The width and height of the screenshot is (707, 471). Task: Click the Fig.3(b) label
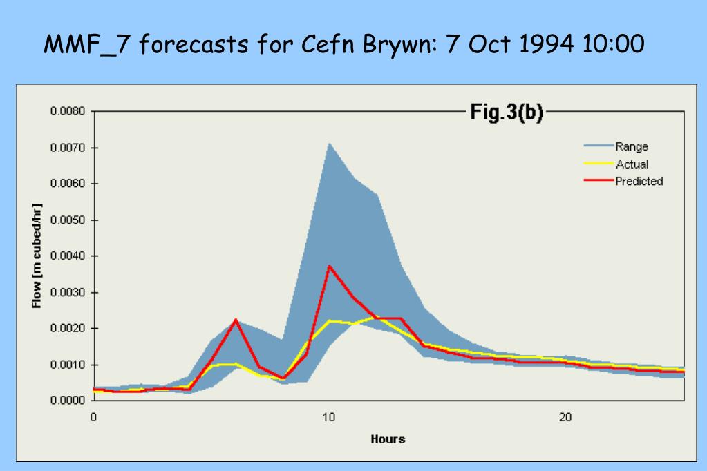coord(507,113)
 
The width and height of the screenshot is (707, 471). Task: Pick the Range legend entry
coord(632,146)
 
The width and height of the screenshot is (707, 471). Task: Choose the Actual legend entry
coord(632,164)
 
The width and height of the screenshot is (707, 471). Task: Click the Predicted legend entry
coord(639,182)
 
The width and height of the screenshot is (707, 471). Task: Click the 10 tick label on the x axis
coord(329,417)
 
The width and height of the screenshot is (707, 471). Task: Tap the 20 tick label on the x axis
coord(565,417)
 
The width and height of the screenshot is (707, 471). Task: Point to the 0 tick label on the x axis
coord(93,417)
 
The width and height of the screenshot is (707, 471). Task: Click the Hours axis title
coord(388,439)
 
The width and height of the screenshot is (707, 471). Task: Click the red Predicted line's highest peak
coord(330,266)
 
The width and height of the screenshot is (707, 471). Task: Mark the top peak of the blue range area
coord(330,144)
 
